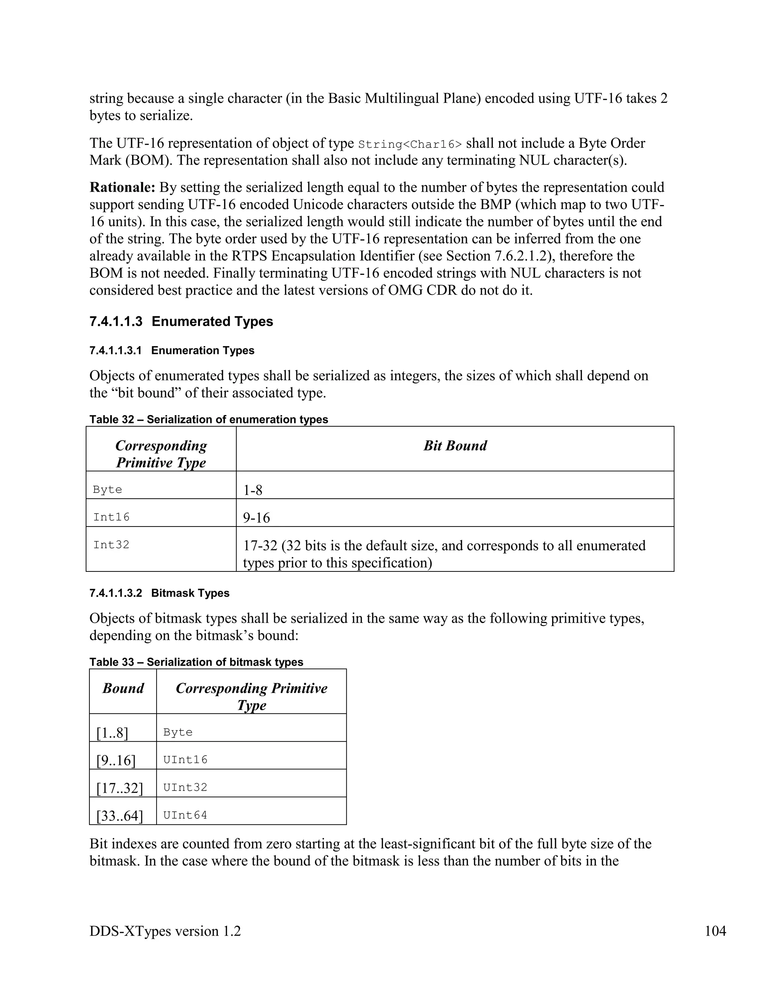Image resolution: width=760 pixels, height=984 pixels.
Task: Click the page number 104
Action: coord(715,931)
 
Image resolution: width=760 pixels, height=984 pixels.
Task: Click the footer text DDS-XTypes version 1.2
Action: coord(165,931)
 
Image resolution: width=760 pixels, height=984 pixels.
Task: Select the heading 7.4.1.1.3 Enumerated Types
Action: coord(181,321)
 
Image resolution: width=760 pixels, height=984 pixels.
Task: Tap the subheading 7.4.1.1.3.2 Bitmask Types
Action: coord(159,593)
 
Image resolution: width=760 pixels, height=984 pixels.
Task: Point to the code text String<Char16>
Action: coord(410,144)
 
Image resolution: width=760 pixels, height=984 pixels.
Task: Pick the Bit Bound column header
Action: coord(455,446)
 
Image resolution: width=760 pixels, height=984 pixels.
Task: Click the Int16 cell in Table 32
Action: coord(111,517)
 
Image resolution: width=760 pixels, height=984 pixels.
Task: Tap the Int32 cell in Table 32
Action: coord(111,545)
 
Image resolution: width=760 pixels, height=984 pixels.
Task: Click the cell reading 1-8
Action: coord(253,490)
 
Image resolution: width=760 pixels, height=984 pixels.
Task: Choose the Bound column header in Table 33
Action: coord(123,688)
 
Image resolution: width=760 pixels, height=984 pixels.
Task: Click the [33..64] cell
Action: coord(119,816)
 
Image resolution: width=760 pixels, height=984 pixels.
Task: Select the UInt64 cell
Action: coord(185,815)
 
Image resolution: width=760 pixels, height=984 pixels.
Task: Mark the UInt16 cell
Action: coord(185,760)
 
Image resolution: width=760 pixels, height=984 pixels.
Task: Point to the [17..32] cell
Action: coord(119,788)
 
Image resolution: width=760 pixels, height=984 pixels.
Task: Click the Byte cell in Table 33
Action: coord(178,732)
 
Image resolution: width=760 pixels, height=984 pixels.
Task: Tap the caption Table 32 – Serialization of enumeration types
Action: coord(209,420)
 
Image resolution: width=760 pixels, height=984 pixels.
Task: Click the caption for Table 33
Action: coord(196,662)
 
